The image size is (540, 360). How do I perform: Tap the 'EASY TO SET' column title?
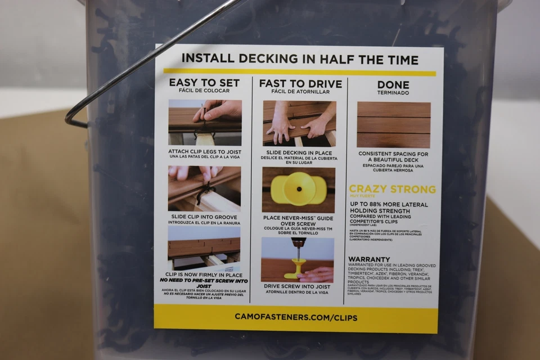(204, 83)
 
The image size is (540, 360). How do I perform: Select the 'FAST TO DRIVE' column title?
(300, 84)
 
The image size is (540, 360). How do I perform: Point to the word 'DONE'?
(393, 85)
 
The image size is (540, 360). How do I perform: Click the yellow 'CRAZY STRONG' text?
(392, 190)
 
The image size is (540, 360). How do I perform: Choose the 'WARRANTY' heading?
(369, 259)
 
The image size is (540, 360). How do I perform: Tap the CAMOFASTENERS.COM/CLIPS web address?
(296, 317)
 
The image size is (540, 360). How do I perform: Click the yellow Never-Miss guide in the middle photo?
(298, 188)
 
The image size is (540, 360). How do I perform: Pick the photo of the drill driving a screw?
(298, 258)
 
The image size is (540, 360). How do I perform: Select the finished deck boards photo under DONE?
(393, 124)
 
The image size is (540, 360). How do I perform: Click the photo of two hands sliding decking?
(299, 123)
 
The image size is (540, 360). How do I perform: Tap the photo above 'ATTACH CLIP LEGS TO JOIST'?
(205, 123)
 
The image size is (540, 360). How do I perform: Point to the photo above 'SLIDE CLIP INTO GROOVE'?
(204, 188)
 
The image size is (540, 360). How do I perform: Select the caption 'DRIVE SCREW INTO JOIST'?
(298, 286)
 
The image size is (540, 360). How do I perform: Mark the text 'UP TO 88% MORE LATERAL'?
(389, 205)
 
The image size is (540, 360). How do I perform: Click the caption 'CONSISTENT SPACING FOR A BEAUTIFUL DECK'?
(393, 156)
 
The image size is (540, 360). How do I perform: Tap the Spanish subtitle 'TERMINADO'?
(393, 93)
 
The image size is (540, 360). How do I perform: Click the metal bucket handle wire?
(141, 62)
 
